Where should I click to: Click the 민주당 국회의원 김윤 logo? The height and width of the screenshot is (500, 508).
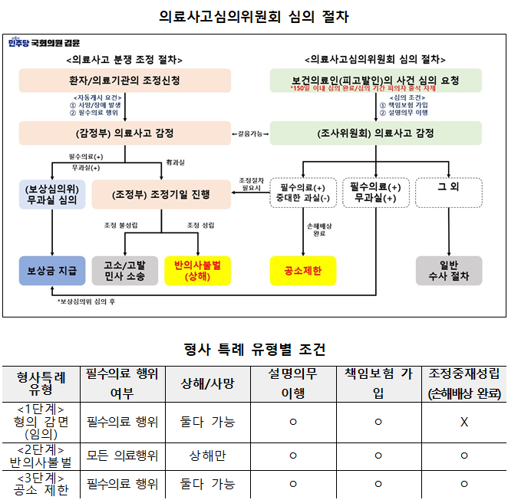coord(44,44)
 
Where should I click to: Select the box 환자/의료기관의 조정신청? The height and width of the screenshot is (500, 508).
coord(124,81)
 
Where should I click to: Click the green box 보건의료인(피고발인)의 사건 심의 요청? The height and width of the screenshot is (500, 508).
coord(375,81)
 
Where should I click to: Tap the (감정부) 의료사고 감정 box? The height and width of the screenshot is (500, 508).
coord(124,133)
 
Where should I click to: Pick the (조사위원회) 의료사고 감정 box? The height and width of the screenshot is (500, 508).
coord(375,133)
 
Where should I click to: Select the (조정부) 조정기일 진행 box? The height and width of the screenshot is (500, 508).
coord(160,194)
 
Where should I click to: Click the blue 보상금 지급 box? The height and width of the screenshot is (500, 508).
coord(52,271)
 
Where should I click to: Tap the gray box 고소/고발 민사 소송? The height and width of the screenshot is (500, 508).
coord(124,271)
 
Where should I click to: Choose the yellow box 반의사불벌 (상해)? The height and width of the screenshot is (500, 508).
coord(197,271)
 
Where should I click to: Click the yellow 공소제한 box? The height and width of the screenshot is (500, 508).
coord(303,271)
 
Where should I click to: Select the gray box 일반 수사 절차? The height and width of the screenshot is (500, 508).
coord(449,271)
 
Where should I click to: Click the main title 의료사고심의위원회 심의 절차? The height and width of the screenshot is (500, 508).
coord(253,16)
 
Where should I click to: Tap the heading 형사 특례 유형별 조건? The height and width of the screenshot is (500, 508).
coord(253,350)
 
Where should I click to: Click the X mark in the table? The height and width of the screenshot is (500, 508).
coord(463,422)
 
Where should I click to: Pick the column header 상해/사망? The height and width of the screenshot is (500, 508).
coord(207,383)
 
